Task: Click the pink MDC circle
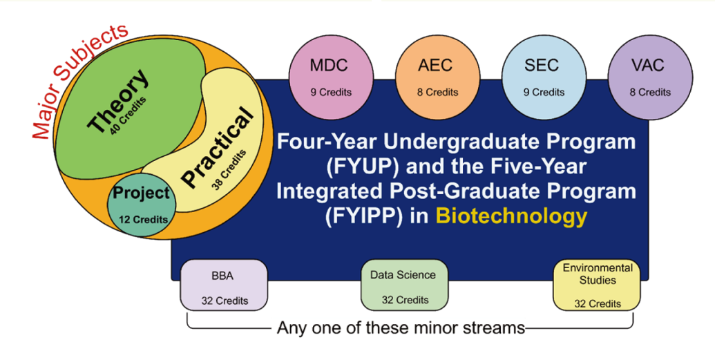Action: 329,76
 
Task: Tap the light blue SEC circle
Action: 542,76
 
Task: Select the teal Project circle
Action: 141,204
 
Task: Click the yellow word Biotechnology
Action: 511,216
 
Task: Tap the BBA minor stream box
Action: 224,285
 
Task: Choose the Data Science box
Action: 404,285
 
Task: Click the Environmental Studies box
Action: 597,285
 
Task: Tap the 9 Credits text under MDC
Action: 331,92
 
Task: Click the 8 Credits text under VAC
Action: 649,92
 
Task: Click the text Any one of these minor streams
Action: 401,328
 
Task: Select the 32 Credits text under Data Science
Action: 405,300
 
